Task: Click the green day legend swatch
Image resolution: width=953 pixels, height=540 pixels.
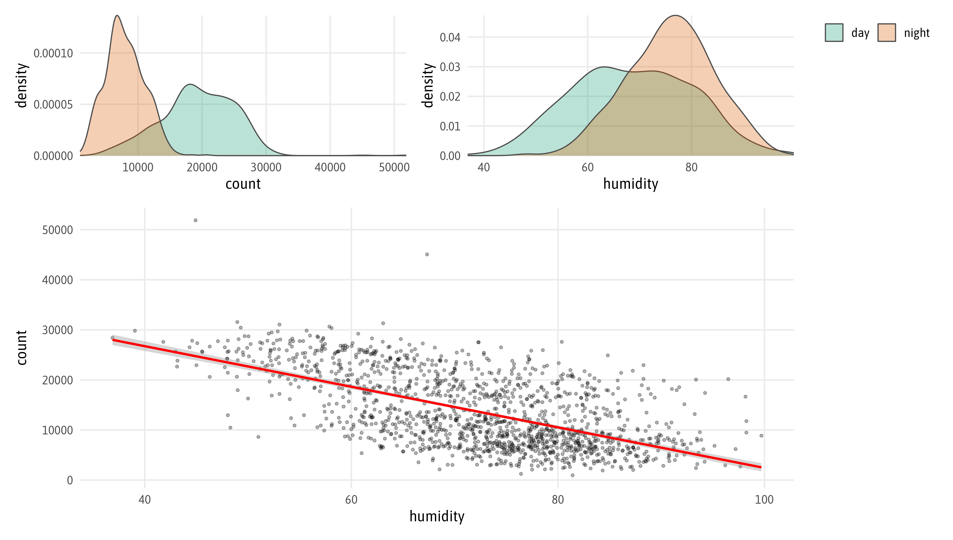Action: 834,33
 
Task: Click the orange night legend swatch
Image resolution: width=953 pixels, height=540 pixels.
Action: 887,33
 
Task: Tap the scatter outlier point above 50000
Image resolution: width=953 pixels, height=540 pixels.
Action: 195,220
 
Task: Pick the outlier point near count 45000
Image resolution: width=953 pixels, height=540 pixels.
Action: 427,255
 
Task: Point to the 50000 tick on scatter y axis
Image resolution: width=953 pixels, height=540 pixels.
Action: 57,230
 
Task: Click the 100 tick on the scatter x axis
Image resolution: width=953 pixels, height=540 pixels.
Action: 764,500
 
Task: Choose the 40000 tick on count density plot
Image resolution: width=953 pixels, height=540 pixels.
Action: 330,167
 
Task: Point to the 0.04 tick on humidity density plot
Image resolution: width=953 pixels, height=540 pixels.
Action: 450,38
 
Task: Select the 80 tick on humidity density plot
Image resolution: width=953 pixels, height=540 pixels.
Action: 691,167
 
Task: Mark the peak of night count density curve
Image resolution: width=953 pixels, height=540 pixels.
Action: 117,15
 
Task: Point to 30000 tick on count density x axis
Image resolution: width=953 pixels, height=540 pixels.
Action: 266,167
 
